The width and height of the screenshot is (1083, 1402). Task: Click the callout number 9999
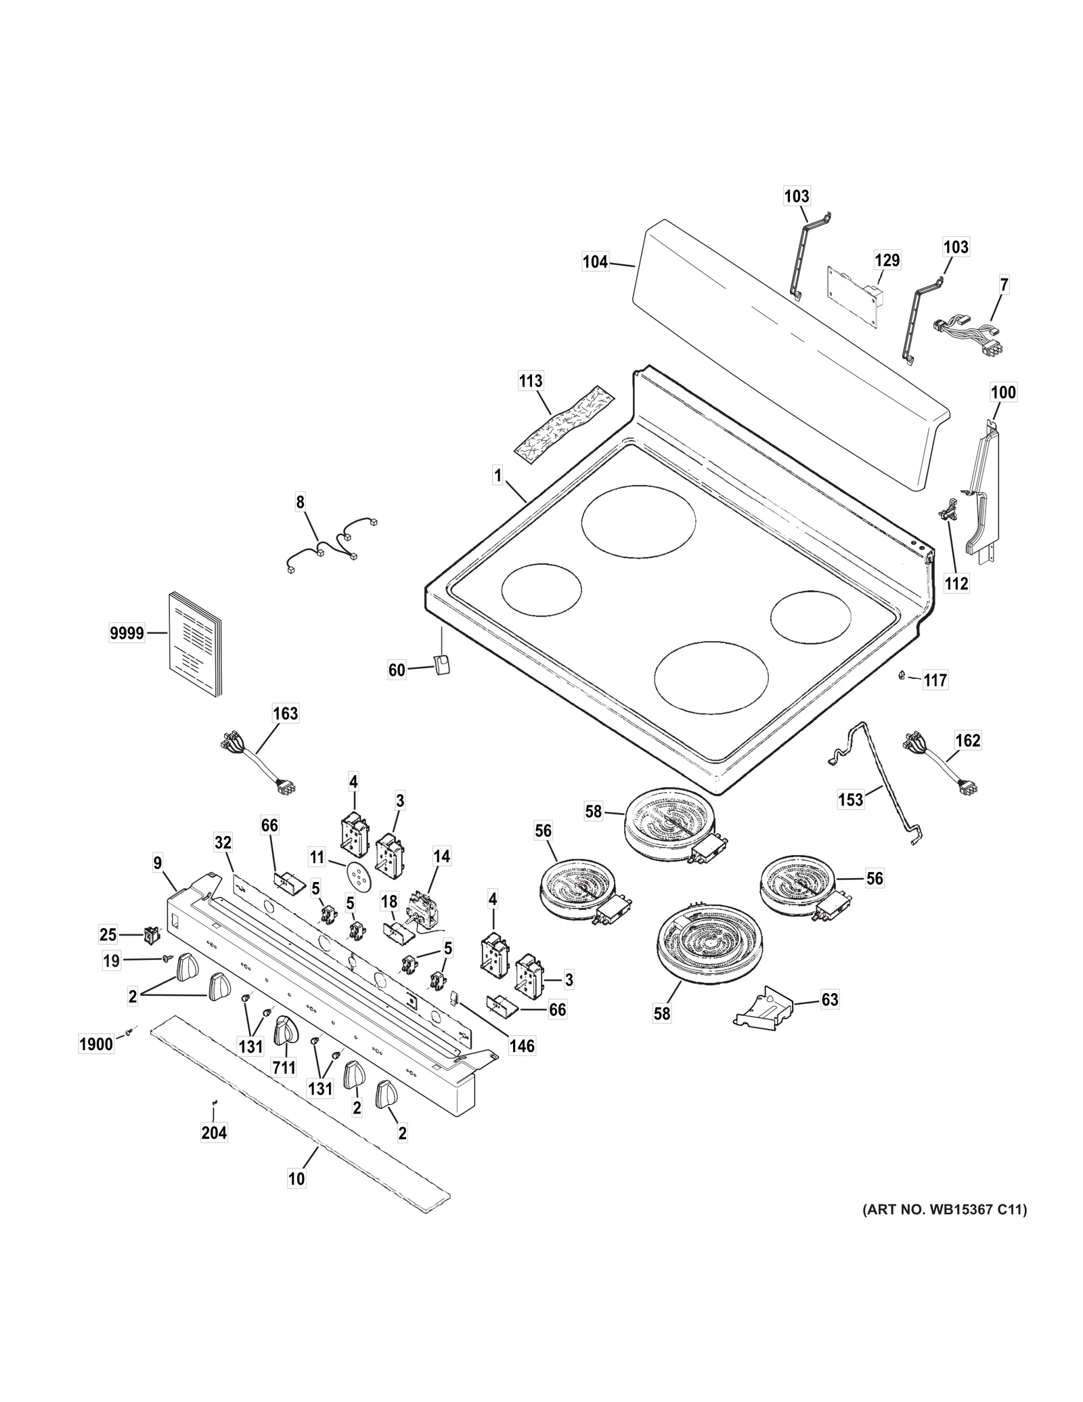click(127, 633)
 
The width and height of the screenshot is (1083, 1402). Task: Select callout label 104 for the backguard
click(595, 261)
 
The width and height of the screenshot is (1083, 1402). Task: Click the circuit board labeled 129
click(851, 295)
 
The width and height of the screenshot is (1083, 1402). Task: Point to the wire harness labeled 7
click(969, 336)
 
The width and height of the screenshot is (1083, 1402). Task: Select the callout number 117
click(935, 680)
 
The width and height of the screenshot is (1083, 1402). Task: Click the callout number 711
click(284, 1068)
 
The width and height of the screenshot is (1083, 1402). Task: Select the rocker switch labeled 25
click(151, 936)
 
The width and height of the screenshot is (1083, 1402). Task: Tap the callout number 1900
click(96, 1044)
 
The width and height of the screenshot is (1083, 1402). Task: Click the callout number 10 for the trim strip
click(296, 1179)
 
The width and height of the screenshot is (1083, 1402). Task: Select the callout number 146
click(522, 1046)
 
